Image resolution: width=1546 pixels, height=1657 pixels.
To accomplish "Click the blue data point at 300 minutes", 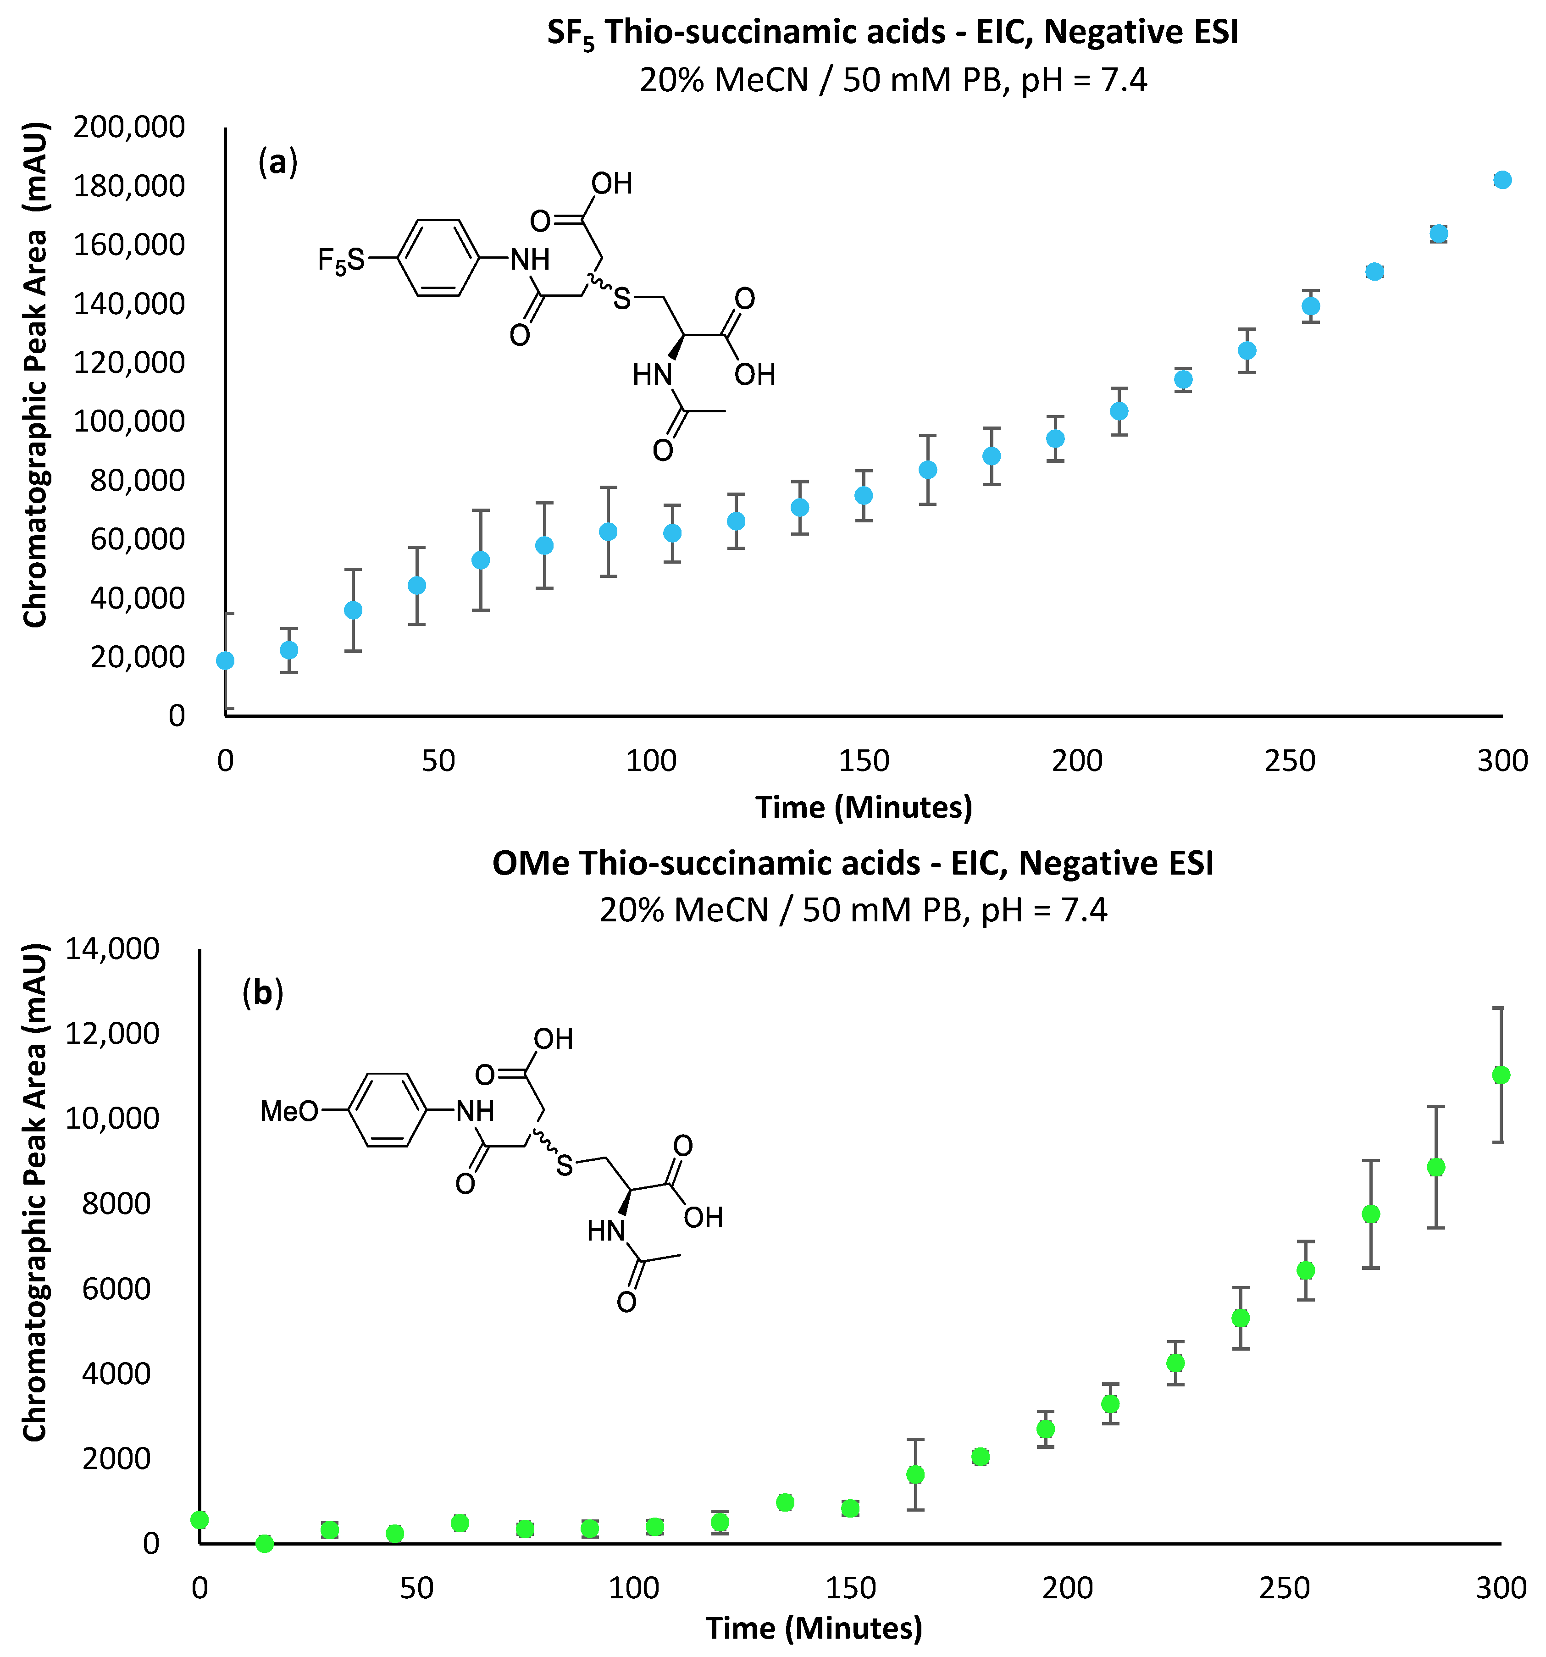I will pos(1502,180).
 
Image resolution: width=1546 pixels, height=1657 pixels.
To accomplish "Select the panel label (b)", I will pos(262,993).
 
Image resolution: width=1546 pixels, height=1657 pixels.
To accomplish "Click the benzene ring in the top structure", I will pos(438,258).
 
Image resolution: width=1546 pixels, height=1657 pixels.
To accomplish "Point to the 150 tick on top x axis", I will pos(864,760).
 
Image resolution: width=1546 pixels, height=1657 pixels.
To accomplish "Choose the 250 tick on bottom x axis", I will pos(1284,1588).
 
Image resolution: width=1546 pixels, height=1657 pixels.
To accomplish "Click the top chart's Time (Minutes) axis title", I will pos(864,807).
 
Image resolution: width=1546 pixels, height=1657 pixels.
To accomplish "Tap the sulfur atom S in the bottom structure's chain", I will pos(565,1165).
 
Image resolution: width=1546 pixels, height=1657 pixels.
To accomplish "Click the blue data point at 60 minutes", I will pos(480,560).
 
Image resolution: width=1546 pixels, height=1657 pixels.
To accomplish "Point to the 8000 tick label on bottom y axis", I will pos(116,1203).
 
